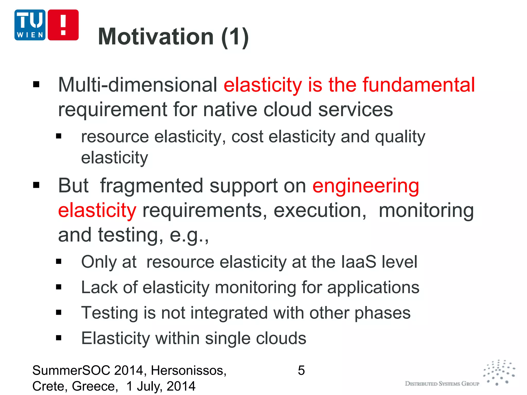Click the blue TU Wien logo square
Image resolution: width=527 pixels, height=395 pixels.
(30, 25)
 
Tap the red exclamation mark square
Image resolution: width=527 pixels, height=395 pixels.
(63, 25)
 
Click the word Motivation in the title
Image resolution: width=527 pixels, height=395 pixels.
(156, 37)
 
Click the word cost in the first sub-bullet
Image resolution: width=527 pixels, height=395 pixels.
(247, 137)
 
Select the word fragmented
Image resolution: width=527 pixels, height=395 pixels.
(151, 186)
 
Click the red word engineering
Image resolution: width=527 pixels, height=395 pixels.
(366, 186)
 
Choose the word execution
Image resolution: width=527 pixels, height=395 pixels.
(319, 210)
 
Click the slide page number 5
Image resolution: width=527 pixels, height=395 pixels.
(301, 371)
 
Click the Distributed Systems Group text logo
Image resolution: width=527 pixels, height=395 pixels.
(442, 384)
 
